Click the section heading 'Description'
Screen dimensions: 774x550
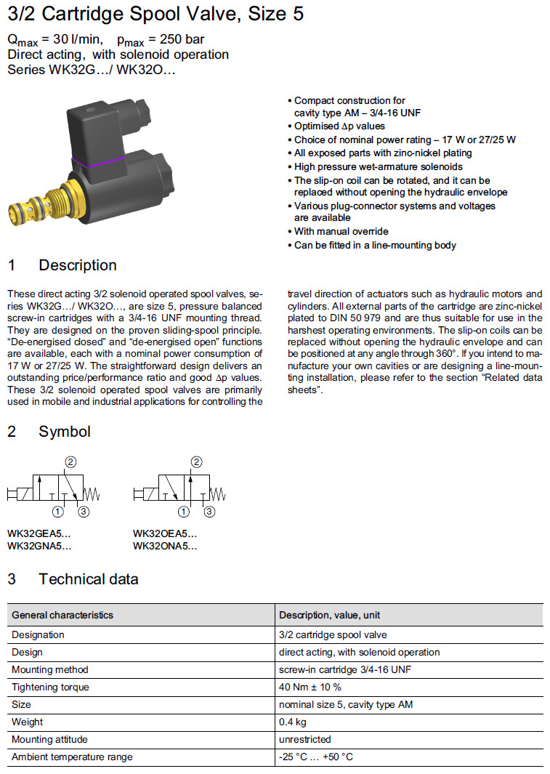coord(77,265)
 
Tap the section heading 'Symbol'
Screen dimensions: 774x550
coord(64,432)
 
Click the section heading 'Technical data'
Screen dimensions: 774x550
coord(88,579)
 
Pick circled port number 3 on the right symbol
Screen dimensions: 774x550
coord(210,512)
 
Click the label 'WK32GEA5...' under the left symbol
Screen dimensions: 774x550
coord(39,533)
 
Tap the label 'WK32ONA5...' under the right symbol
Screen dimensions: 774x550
coord(165,546)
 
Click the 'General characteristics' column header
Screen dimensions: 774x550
coord(62,615)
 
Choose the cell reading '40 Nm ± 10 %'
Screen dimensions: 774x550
coord(310,687)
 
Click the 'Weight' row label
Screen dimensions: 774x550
coord(27,722)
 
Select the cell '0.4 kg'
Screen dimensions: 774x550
coord(293,722)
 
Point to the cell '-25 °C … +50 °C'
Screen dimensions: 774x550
coord(316,757)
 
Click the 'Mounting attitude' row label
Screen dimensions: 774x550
coord(49,739)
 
